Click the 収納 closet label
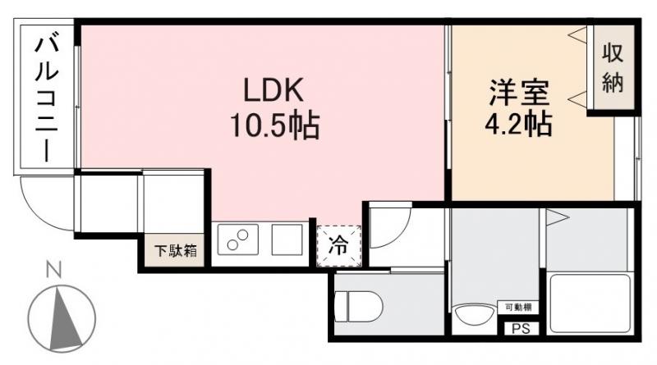pos(613,71)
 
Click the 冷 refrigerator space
pos(338,244)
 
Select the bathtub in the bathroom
pos(590,303)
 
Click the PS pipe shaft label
pos(521,329)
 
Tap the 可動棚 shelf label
pos(517,308)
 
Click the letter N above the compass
pos(54,269)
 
